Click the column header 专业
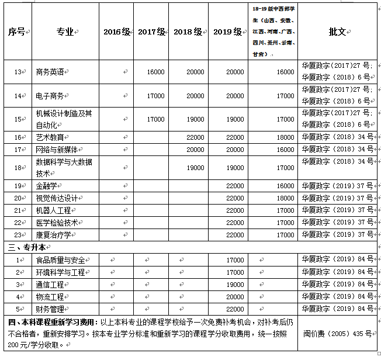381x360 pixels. tap(65, 32)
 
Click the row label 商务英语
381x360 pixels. tap(52, 72)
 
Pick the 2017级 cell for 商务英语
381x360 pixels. tap(155, 72)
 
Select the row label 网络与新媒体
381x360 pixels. tap(57, 150)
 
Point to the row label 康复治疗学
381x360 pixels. tap(54, 235)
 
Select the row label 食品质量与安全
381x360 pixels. tap(60, 259)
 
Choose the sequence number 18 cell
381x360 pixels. tap(18, 168)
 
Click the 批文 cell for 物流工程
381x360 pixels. tap(337, 296)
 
